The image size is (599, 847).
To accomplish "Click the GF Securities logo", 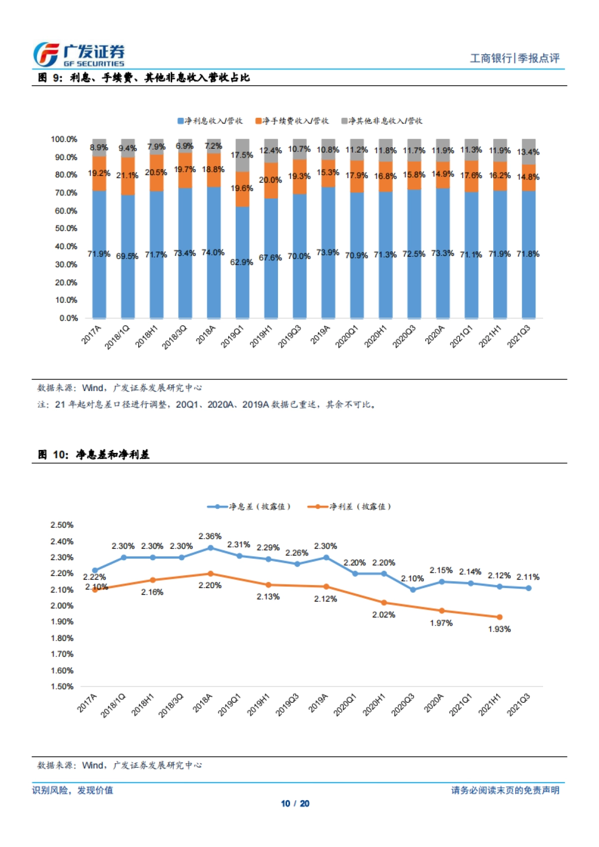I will (x=78, y=54).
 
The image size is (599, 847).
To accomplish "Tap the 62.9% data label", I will (x=241, y=262).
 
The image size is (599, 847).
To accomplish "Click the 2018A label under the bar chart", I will (x=206, y=335).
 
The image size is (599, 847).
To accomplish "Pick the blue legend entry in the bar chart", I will (x=210, y=121).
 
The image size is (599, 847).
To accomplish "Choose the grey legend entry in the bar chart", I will (x=381, y=121).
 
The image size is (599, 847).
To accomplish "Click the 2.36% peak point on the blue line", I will (x=211, y=548).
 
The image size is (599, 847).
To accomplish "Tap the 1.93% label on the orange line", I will (x=499, y=630).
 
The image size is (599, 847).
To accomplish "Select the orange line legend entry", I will (x=349, y=507).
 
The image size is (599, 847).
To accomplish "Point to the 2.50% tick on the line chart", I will (x=62, y=525).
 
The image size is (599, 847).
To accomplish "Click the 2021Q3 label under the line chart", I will (x=519, y=704).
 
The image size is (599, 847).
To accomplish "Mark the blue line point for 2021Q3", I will (x=529, y=588).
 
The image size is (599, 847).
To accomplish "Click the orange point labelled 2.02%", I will (x=384, y=603).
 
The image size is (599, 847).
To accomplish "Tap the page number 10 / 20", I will (x=295, y=804).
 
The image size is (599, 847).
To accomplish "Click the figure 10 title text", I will (x=94, y=454).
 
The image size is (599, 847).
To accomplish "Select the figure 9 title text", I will (x=144, y=77).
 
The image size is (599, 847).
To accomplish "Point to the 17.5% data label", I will (x=242, y=155).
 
